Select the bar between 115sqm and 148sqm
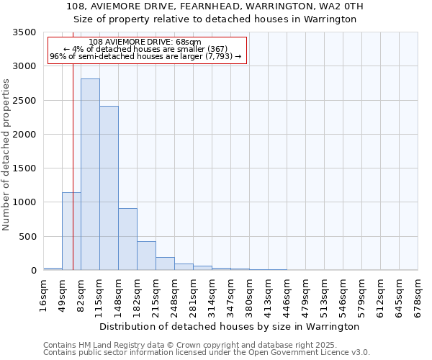click(109, 188)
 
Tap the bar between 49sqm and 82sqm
click(71, 231)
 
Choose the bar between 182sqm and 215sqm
click(146, 256)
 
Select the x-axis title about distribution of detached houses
click(229, 326)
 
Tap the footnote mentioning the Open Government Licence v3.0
click(207, 353)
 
